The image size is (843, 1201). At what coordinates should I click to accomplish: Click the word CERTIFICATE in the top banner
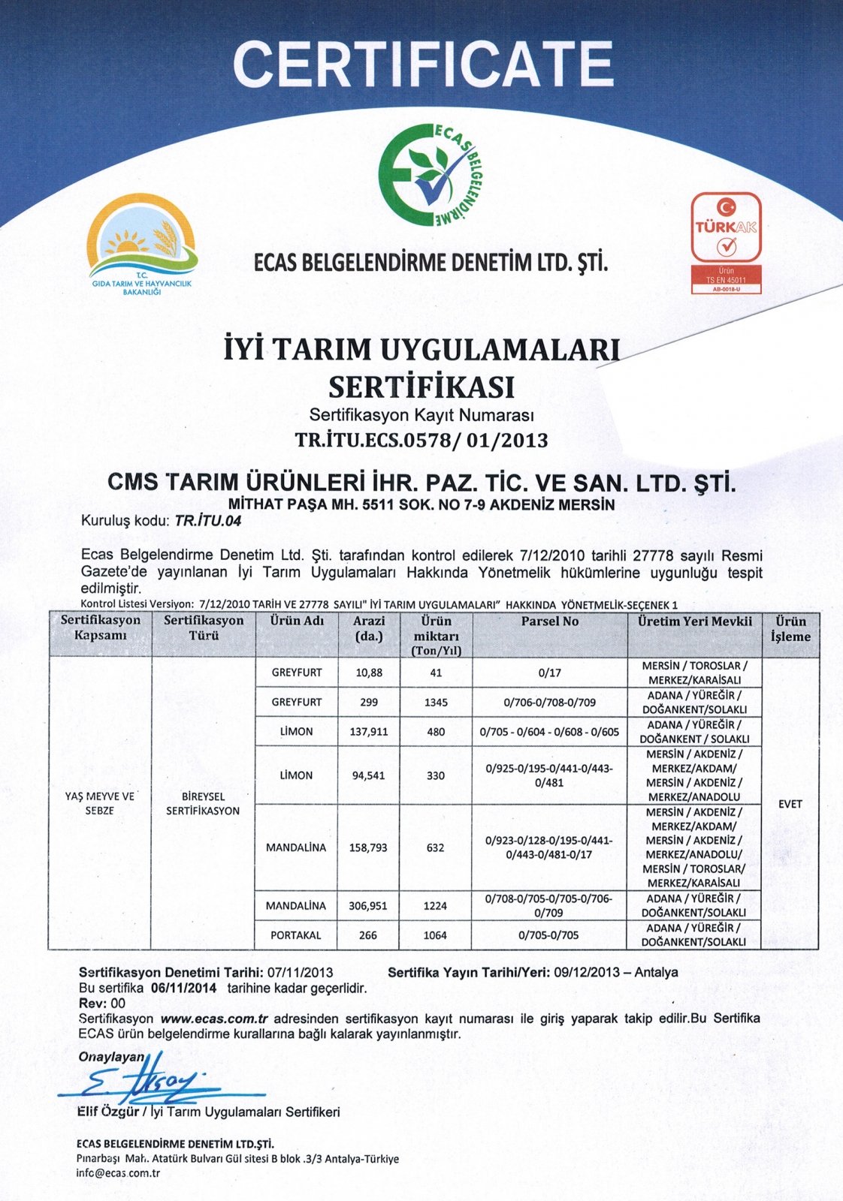(x=423, y=63)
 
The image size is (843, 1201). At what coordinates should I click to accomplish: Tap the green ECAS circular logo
(x=429, y=174)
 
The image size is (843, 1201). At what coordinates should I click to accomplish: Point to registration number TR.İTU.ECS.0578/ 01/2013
(x=421, y=441)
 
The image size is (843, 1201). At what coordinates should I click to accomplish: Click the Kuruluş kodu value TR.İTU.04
(x=208, y=521)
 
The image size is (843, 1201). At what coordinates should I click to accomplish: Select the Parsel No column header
(x=549, y=622)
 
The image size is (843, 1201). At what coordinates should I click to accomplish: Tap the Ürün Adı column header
(x=297, y=621)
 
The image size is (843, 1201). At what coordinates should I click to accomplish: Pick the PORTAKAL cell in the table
(x=296, y=935)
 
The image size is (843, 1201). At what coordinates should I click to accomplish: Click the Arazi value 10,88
(x=369, y=673)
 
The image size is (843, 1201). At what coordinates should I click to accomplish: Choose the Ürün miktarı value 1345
(x=436, y=703)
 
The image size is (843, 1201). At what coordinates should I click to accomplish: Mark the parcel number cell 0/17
(x=549, y=673)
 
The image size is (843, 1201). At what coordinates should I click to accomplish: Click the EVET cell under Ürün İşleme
(x=790, y=804)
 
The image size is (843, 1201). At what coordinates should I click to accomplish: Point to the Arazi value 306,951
(x=368, y=906)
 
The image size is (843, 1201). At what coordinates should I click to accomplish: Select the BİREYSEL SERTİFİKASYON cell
(x=203, y=803)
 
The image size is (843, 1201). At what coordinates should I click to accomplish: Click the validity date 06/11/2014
(x=183, y=988)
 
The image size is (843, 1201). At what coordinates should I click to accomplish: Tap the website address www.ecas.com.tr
(x=215, y=1019)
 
